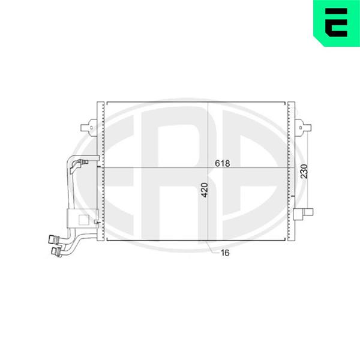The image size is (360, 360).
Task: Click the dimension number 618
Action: click(222, 163)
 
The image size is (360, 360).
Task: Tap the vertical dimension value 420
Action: click(204, 190)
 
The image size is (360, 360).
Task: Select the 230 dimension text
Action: click(304, 171)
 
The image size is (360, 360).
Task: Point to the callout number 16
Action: click(225, 253)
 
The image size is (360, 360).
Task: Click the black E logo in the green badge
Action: click(336, 23)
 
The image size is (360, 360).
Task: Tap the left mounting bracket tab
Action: click(89, 127)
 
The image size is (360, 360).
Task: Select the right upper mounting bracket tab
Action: click(303, 128)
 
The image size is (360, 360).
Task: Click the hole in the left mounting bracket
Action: click(91, 128)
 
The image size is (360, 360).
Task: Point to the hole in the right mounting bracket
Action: click(301, 128)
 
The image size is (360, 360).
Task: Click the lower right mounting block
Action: click(303, 214)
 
